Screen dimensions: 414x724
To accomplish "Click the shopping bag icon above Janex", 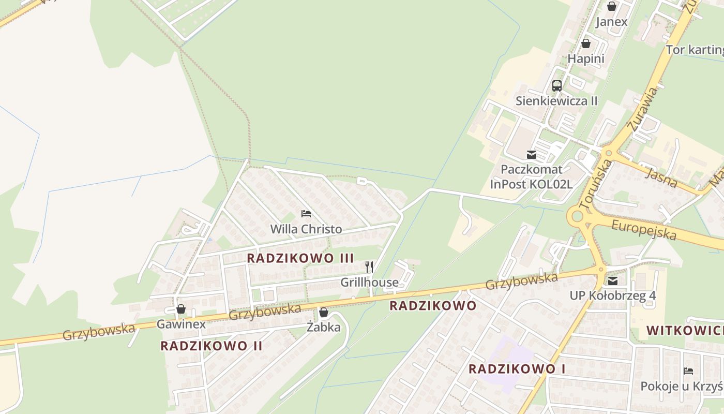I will pos(612,6).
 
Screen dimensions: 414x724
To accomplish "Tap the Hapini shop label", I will pos(586,58).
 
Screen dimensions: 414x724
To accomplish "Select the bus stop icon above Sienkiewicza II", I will pos(557,86).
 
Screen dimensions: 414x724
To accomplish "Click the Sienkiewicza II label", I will pos(556,100).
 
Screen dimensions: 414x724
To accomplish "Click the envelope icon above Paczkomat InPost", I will pos(531,155).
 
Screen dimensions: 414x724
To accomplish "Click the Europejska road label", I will pos(644,230).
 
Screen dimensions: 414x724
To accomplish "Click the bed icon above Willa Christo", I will pos(306,214).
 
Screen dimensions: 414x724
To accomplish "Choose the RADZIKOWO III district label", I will pos(300,258).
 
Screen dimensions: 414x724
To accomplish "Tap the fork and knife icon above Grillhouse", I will pos(369,267).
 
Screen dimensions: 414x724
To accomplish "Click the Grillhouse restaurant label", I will pos(369,282).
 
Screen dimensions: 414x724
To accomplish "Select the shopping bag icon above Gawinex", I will pos(181,309).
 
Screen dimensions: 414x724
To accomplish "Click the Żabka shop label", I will pos(324,327).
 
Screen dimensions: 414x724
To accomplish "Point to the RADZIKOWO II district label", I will pos(211,346).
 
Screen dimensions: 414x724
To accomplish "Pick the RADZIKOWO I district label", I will pos(517,369).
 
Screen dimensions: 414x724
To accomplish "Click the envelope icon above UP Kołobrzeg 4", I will pos(613,281).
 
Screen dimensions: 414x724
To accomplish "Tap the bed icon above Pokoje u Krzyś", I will pos(688,371).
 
